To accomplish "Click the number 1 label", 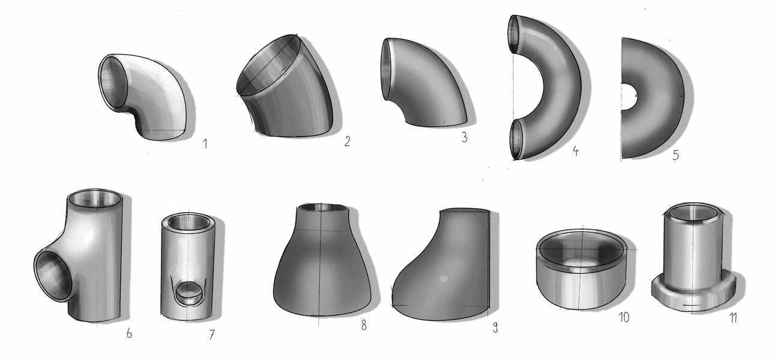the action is [x=205, y=143].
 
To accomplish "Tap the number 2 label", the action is [x=347, y=141].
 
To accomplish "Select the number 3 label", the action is [x=464, y=137].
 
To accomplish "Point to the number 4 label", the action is [x=575, y=151].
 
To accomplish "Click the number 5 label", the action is [x=676, y=155].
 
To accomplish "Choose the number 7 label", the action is [x=212, y=334].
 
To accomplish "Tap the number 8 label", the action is [x=364, y=325].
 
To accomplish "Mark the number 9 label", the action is [x=495, y=327].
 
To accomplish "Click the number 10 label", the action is [x=624, y=317].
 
